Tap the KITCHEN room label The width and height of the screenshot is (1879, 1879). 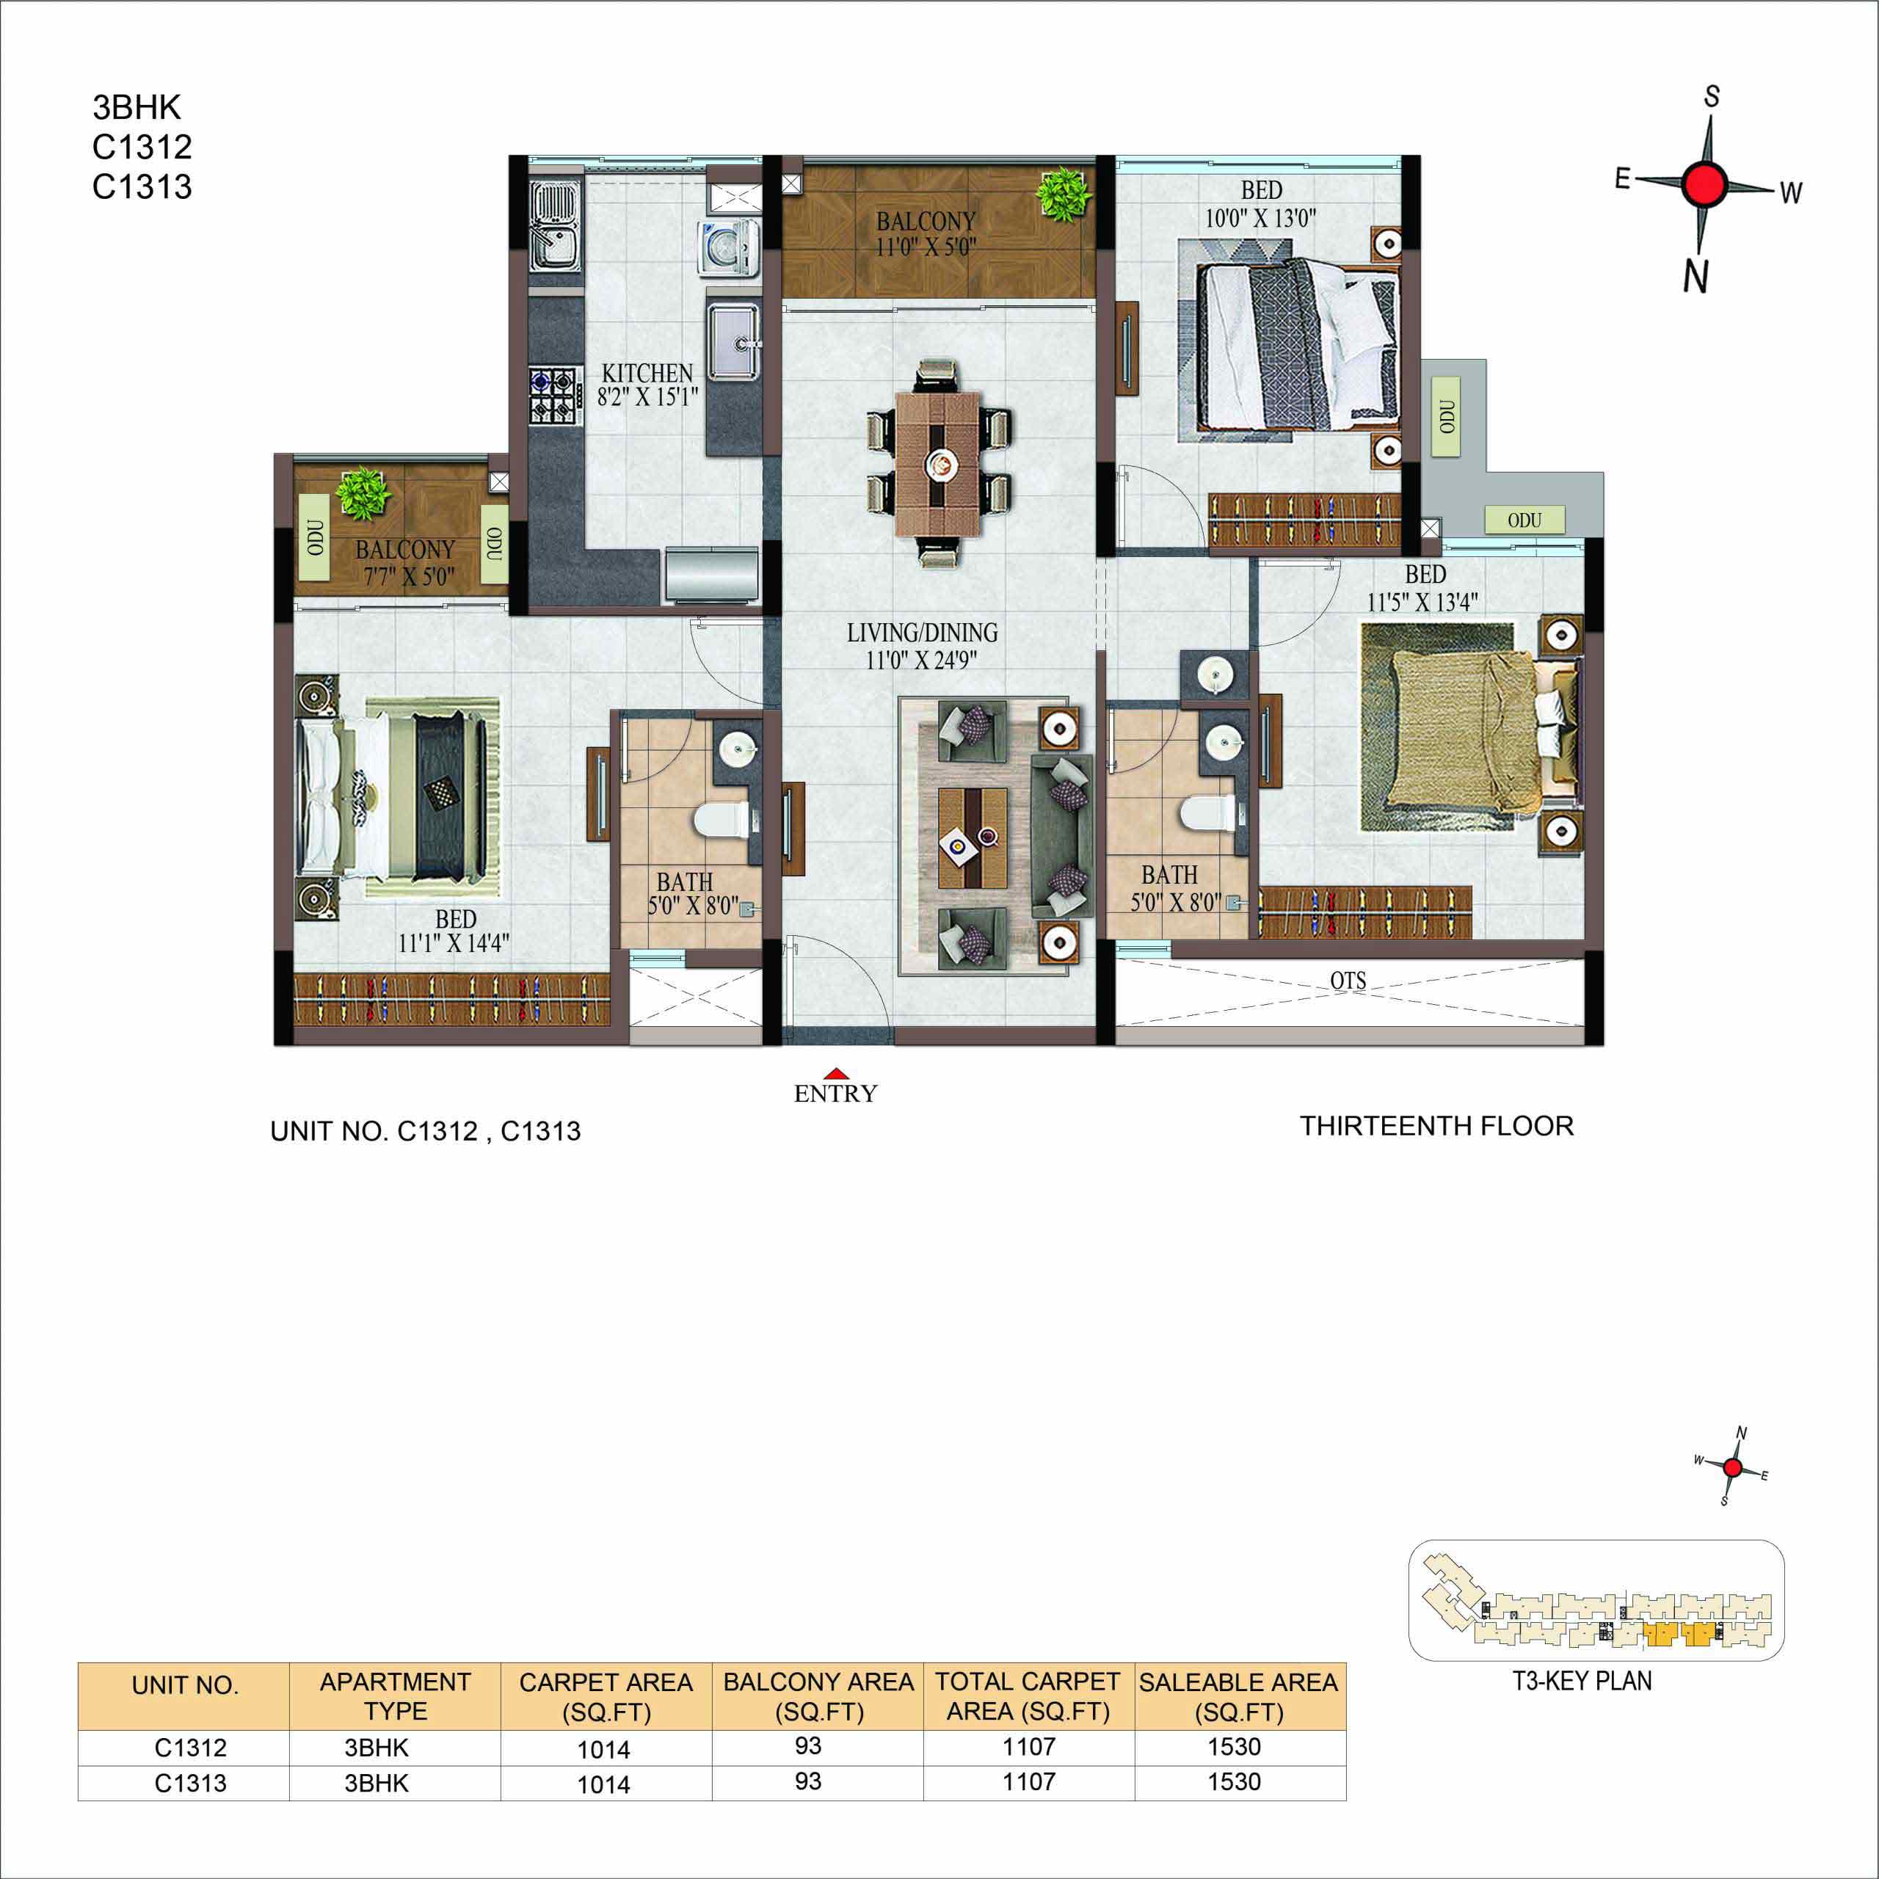647,374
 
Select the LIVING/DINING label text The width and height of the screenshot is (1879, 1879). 922,633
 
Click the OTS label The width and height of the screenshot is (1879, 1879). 1348,981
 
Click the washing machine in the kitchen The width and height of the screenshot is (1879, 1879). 727,248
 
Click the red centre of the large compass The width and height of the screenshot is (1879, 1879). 1704,183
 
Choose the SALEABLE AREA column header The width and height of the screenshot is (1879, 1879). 1239,1696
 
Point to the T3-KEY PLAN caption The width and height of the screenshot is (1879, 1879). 1582,1681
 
